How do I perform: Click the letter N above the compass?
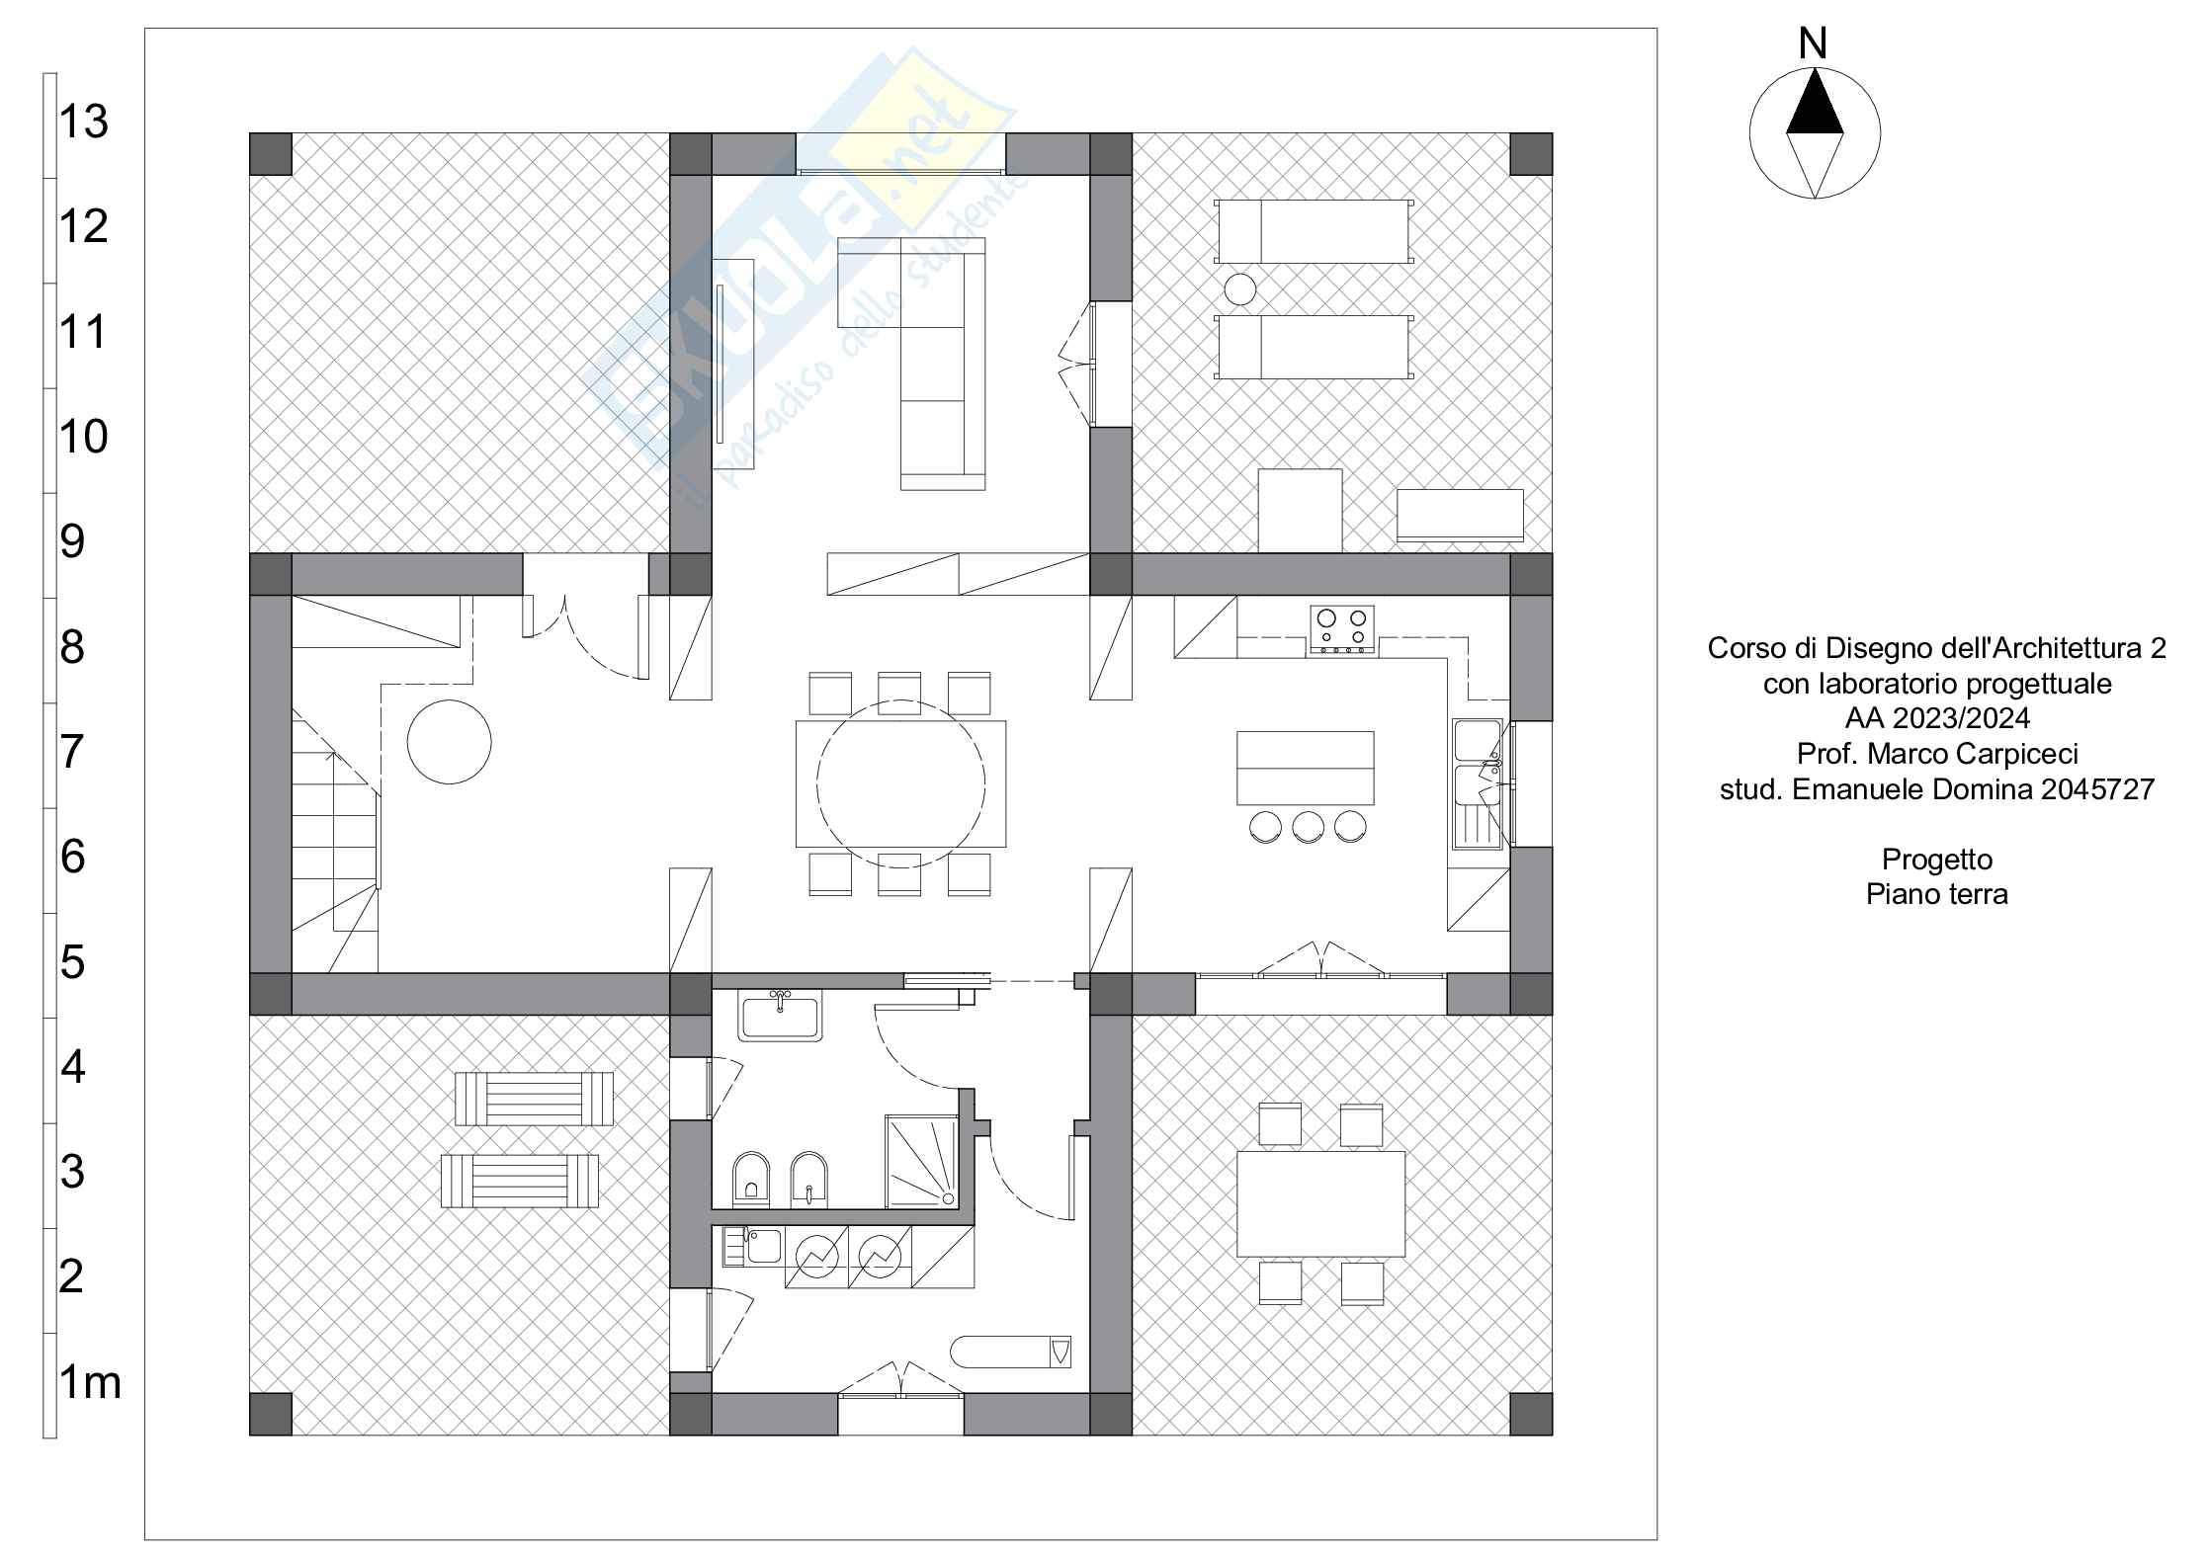pyautogui.click(x=1813, y=44)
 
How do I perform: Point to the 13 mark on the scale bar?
pyautogui.click(x=83, y=122)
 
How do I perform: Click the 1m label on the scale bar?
pyautogui.click(x=90, y=1381)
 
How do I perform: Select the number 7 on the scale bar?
pyautogui.click(x=72, y=752)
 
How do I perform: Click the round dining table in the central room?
pyautogui.click(x=900, y=783)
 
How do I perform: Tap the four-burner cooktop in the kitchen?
pyautogui.click(x=1342, y=630)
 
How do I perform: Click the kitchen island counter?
pyautogui.click(x=1305, y=768)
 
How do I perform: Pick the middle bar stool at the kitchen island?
pyautogui.click(x=1308, y=826)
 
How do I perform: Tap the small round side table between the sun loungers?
pyautogui.click(x=1239, y=289)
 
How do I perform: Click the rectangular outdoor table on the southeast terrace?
pyautogui.click(x=1320, y=1203)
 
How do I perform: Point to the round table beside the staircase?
pyautogui.click(x=449, y=742)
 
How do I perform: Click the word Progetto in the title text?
pyautogui.click(x=1936, y=860)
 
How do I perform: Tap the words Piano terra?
pyautogui.click(x=1936, y=894)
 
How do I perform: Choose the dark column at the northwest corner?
pyautogui.click(x=270, y=154)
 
